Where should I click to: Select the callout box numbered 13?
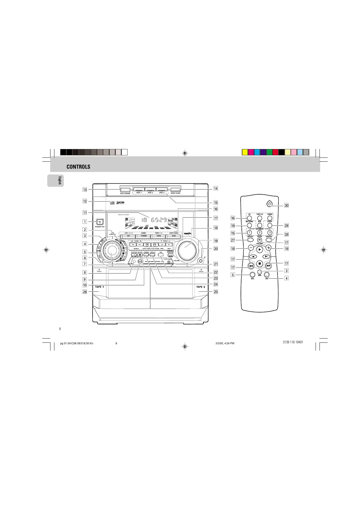pyautogui.click(x=85, y=190)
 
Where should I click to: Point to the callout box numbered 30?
pyautogui.click(x=286, y=206)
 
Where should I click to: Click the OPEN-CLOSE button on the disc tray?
pyautogui.click(x=175, y=190)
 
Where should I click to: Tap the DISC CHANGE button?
pyautogui.click(x=125, y=190)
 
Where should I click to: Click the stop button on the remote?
pyautogui.click(x=259, y=264)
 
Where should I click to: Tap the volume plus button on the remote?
pyautogui.click(x=268, y=247)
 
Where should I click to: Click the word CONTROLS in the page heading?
pyautogui.click(x=78, y=167)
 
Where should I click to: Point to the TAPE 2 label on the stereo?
pyautogui.click(x=200, y=287)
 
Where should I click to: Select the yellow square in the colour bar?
pyautogui.click(x=245, y=152)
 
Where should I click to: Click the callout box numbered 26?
pyautogui.click(x=85, y=292)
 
